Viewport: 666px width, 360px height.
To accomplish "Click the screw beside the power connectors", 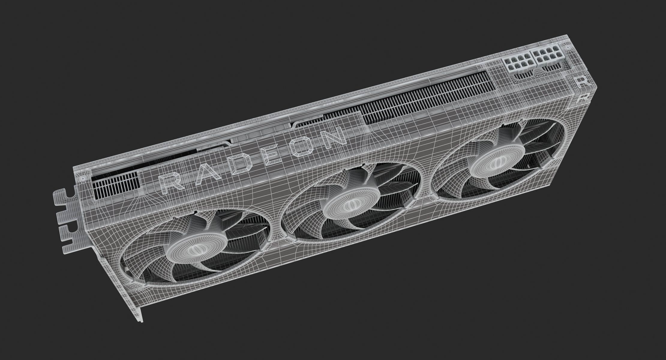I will tap(567, 47).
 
